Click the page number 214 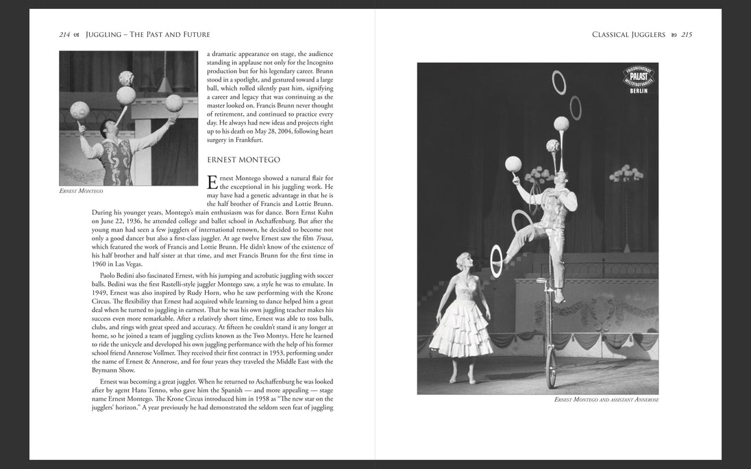tap(65, 35)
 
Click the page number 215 tap(686, 35)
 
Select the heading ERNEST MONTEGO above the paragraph tap(243, 160)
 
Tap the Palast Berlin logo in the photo tap(637, 79)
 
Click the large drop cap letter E tap(212, 183)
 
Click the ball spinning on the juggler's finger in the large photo tap(513, 164)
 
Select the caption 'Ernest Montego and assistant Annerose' tap(606, 400)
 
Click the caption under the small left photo tap(81, 190)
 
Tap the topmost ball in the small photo tap(126, 77)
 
